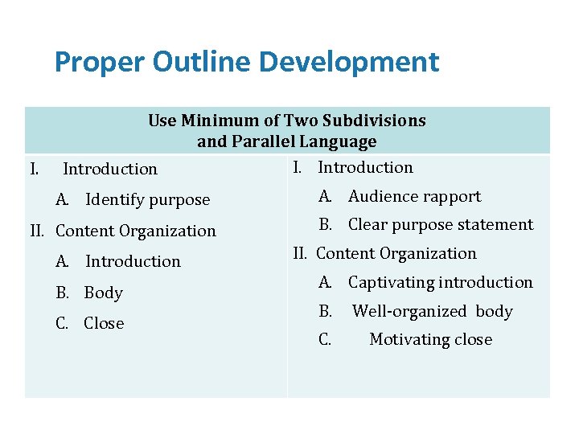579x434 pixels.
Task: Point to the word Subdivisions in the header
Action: pyautogui.click(x=374, y=121)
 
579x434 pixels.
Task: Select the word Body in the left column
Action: pyautogui.click(x=103, y=293)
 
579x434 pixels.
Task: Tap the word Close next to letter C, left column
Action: pyautogui.click(x=104, y=323)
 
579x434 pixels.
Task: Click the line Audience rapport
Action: pyautogui.click(x=414, y=196)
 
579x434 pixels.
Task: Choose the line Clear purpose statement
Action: pyautogui.click(x=440, y=225)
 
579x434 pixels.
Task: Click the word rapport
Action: pyautogui.click(x=454, y=196)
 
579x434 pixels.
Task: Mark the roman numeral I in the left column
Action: pyautogui.click(x=34, y=169)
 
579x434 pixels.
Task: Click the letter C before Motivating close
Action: pyautogui.click(x=325, y=340)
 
